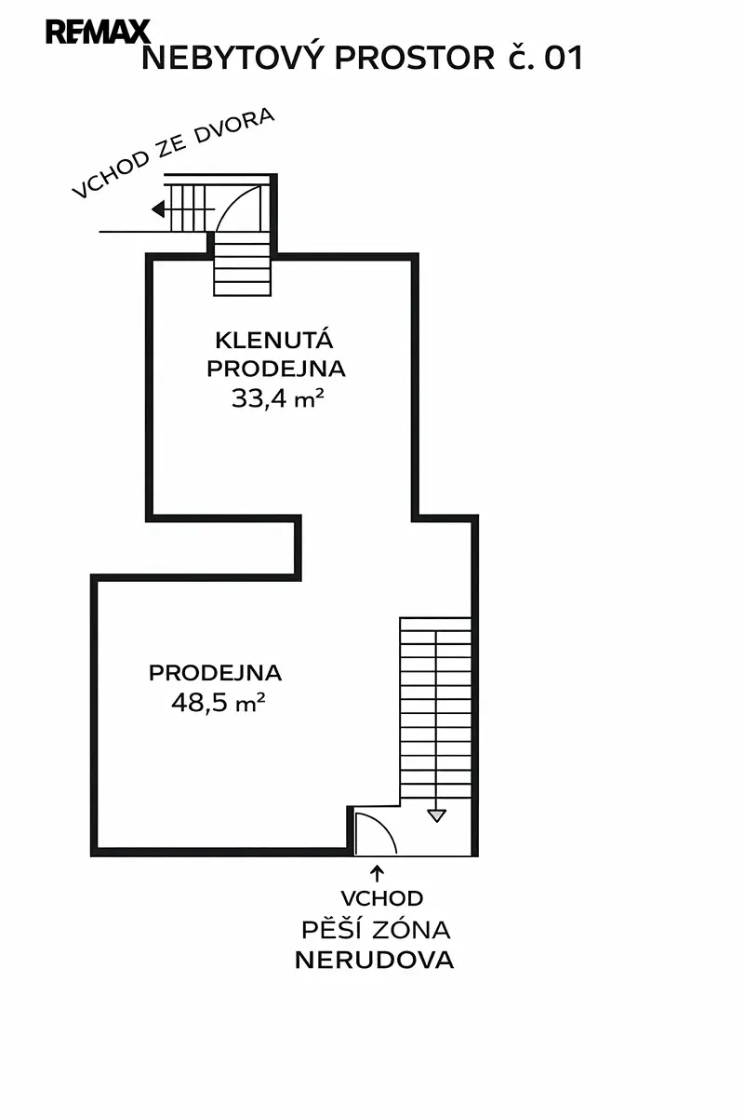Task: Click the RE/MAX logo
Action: pos(97,33)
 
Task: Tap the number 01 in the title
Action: pos(564,59)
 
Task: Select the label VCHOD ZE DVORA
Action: pos(174,154)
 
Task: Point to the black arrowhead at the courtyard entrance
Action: pos(159,209)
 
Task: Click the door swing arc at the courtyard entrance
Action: pos(240,207)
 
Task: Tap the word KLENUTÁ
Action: pos(275,339)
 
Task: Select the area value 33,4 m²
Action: pos(276,399)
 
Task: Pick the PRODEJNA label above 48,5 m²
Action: pos(215,672)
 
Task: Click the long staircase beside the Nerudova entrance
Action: pos(435,707)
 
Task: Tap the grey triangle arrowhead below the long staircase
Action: pos(436,815)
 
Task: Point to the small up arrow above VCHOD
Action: pos(378,873)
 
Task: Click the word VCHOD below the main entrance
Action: pos(382,899)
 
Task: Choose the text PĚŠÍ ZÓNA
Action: pos(376,930)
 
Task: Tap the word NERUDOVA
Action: pos(375,961)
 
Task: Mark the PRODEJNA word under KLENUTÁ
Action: pos(276,369)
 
